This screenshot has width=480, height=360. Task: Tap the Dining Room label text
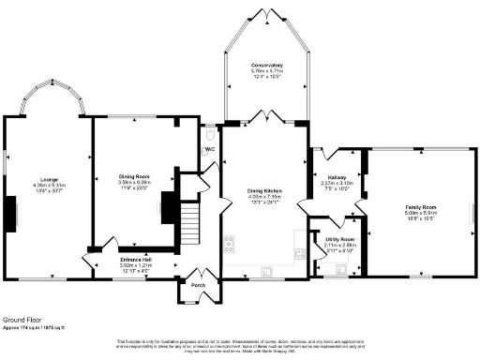point(135,176)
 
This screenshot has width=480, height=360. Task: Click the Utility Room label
point(337,240)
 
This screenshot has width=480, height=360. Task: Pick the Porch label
point(198,285)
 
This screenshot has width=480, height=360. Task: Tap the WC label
point(210,148)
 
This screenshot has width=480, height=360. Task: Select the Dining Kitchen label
point(263,190)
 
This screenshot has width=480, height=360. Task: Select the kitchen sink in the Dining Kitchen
point(268,273)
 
